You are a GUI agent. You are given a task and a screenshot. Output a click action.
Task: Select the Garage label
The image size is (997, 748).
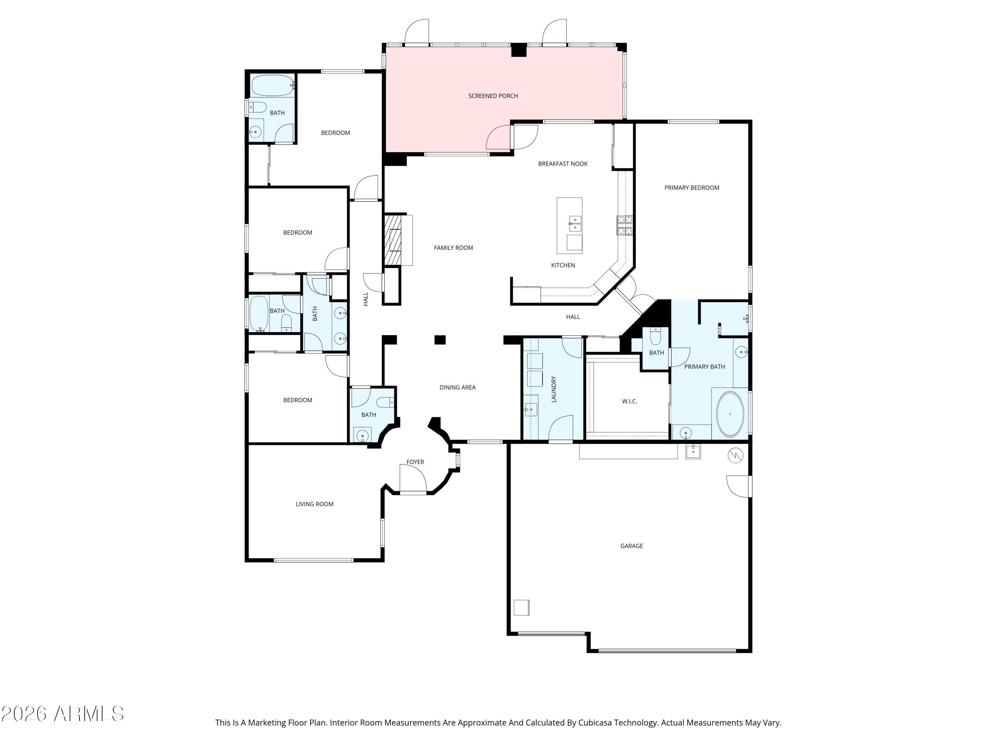[x=631, y=546]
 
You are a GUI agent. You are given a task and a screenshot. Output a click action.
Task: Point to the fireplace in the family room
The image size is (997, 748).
[x=392, y=240]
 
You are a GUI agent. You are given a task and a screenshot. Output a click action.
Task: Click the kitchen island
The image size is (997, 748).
[x=569, y=225]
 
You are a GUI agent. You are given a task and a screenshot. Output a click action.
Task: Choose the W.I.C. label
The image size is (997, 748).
[x=629, y=401]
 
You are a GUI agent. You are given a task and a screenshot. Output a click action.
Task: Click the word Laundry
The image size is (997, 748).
[x=554, y=389]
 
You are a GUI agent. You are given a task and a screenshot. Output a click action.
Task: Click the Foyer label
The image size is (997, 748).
[x=415, y=462]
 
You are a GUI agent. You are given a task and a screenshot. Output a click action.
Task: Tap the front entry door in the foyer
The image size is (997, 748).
[x=413, y=479]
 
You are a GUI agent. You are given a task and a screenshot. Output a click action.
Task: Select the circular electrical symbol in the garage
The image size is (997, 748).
[x=735, y=456]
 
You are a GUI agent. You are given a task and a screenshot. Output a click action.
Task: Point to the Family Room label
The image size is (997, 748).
[x=453, y=248]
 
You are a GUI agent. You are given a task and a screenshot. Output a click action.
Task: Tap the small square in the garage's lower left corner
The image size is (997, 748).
[x=521, y=607]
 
